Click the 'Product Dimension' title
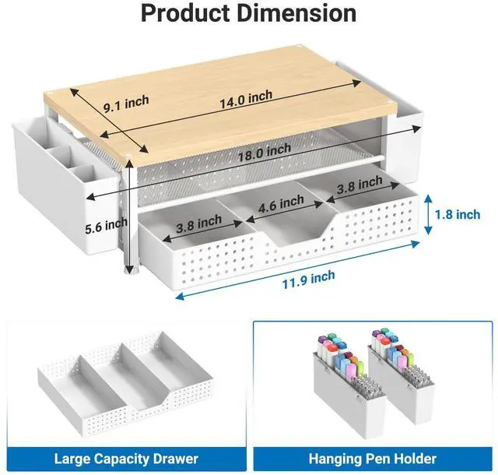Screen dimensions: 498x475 249,13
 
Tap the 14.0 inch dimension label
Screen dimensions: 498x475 246,99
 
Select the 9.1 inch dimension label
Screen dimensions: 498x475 126,104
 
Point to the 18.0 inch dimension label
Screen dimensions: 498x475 265,152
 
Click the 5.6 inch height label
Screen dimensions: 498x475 106,226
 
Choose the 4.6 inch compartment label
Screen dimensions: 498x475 281,204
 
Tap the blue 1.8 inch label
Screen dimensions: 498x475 458,215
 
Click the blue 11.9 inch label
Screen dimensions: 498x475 308,280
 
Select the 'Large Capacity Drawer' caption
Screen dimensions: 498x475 126,459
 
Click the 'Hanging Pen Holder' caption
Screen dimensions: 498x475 373,459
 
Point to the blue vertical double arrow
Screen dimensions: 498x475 428,215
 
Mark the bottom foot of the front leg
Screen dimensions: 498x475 128,270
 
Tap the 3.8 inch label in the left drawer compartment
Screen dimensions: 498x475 199,223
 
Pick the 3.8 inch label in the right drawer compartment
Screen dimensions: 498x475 359,185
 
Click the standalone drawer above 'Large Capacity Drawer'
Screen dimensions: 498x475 125,383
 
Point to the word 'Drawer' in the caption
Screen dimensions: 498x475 175,459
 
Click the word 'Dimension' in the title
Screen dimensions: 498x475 296,13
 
